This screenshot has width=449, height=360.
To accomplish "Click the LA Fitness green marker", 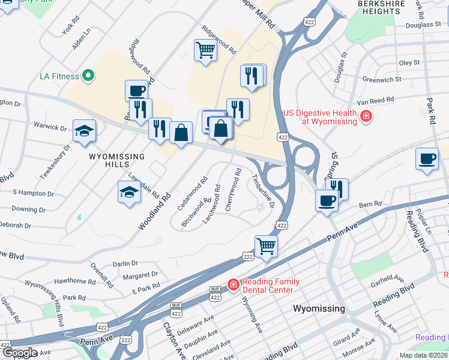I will tap(88, 76).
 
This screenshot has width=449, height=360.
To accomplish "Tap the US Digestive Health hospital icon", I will tap(365, 116).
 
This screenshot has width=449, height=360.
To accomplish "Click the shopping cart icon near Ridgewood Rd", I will tap(205, 50).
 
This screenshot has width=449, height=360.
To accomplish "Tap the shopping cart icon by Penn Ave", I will tap(266, 245).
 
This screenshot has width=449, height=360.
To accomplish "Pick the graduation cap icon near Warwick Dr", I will tap(84, 131).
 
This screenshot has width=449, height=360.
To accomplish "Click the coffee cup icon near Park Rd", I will tap(427, 159).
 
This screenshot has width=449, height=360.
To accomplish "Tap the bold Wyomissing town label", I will tap(319, 308).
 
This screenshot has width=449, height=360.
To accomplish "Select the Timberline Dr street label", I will tap(263, 191).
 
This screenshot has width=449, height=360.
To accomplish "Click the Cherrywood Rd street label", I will tap(232, 188).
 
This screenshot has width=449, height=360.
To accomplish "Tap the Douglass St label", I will tap(423, 25).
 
